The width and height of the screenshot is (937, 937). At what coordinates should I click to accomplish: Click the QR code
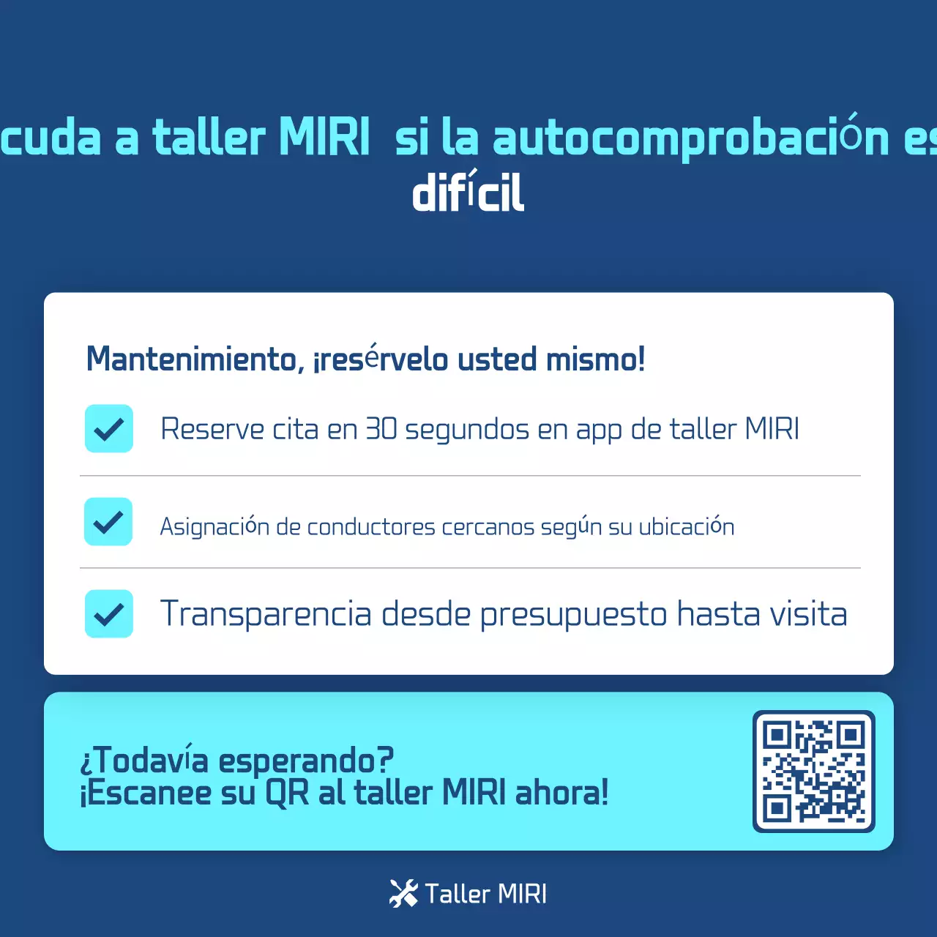pos(813,771)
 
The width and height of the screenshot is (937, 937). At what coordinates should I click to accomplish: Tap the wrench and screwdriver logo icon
pos(403,893)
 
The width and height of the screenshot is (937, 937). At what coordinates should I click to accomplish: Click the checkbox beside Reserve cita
pos(109,428)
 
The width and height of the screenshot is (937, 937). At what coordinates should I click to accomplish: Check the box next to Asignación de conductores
pos(108,521)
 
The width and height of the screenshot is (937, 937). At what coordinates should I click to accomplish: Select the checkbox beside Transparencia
pos(109,613)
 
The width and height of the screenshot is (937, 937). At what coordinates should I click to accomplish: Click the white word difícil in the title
pos(468,193)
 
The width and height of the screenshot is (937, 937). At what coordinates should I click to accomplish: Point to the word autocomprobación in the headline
pos(691,138)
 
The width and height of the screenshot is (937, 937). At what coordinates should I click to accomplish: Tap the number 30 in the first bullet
pos(381,429)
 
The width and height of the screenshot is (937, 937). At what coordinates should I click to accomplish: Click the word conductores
pos(371,527)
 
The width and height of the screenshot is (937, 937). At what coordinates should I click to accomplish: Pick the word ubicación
pos(686,526)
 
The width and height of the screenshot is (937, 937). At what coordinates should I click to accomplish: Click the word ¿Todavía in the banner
pos(144,761)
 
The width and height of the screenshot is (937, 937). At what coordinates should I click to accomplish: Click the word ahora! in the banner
pos(561,793)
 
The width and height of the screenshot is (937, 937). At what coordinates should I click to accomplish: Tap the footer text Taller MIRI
pos(485,894)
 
